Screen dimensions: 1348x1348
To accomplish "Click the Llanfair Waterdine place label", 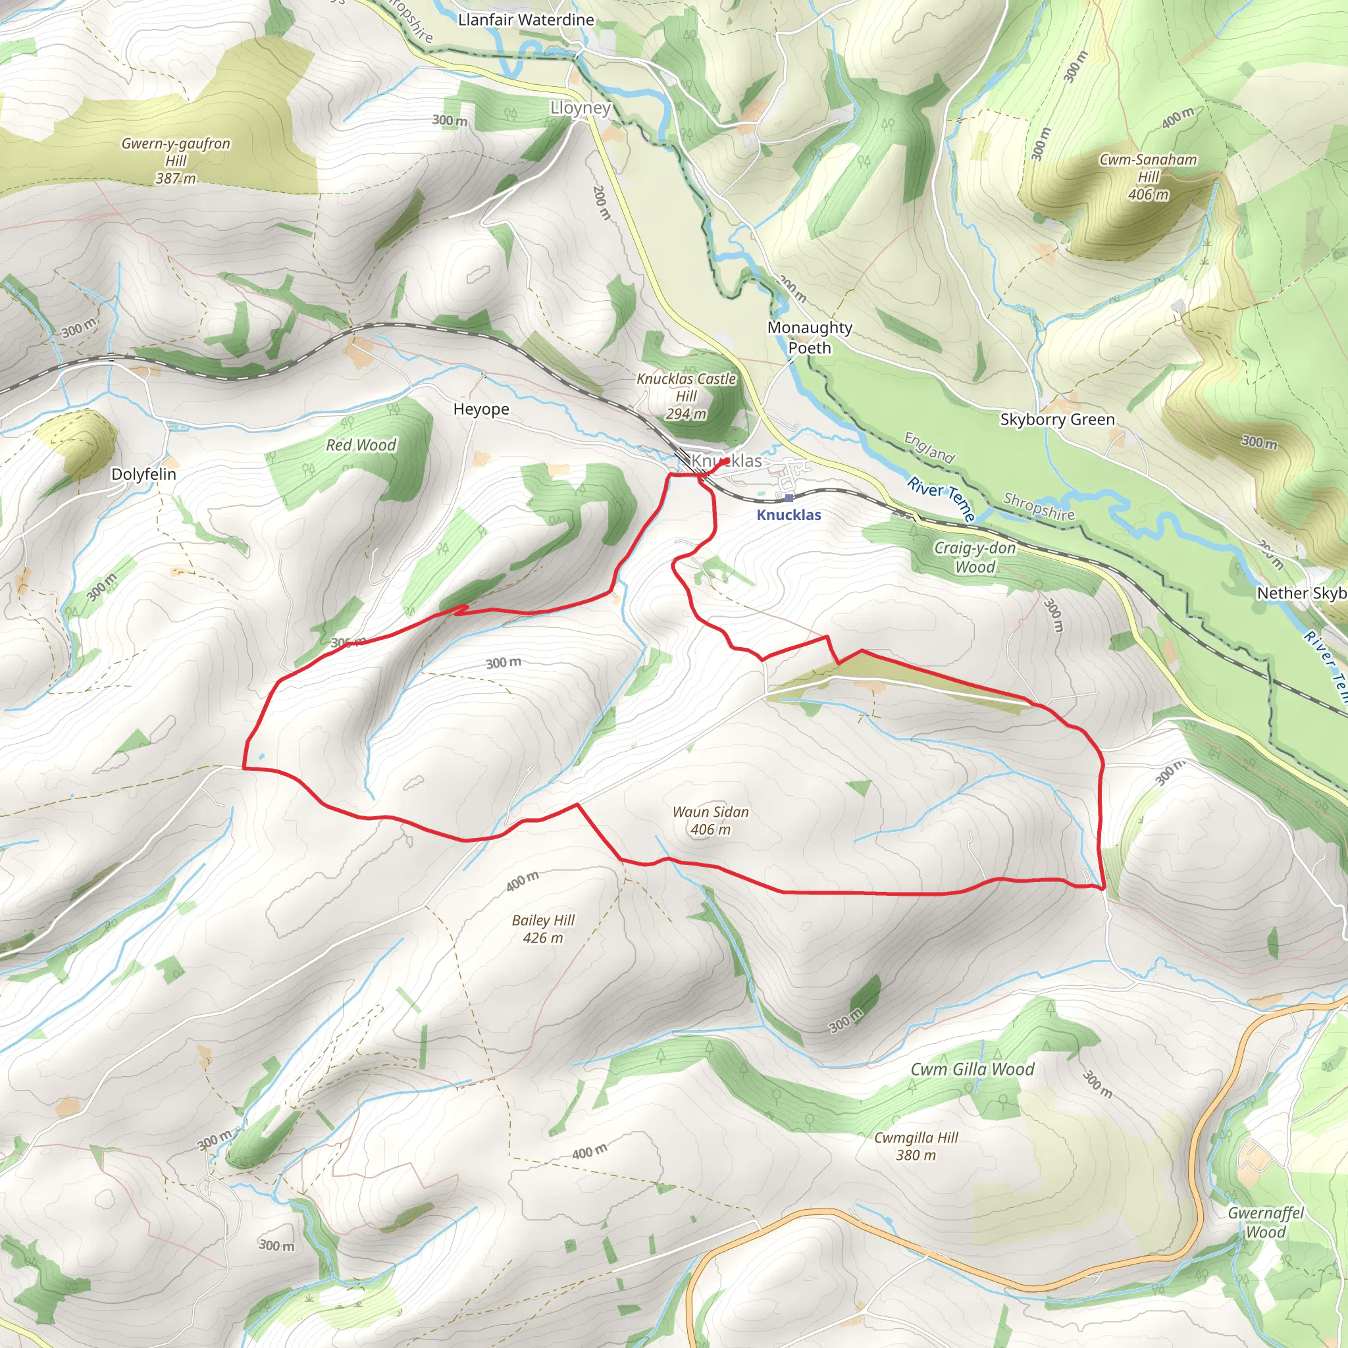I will pos(526,20).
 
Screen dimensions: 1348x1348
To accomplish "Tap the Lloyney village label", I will pos(581,108).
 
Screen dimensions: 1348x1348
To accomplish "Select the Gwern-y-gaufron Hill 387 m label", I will pos(176,161).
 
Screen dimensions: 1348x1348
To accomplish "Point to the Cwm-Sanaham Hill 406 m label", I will pos(1148,176).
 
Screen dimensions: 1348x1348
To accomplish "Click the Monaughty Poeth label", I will pos(810,337).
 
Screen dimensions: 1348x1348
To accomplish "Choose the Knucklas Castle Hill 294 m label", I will pos(686,396).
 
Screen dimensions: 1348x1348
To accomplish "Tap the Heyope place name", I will pos(480,409).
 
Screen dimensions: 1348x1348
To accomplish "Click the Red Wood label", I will pos(361,445).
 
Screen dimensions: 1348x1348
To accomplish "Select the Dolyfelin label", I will pos(143,475).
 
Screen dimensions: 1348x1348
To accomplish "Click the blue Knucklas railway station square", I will pos(789,498).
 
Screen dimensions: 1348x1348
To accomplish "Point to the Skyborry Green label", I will pos(1057,419).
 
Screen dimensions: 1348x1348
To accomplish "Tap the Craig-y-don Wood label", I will pos(975,557).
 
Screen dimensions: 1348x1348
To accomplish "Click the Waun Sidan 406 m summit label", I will pos(710,820).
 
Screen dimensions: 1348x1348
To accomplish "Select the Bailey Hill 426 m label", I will pos(543,929).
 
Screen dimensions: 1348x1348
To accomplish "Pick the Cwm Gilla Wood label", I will pos(972,1069).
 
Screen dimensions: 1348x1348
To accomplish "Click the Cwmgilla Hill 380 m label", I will pos(916,1146).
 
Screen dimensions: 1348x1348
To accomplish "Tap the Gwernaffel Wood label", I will pos(1266,1222).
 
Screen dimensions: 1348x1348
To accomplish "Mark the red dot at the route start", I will pos(727,461).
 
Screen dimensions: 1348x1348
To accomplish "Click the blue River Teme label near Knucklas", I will pos(941,498).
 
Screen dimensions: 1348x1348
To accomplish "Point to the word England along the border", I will pos(929,447).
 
